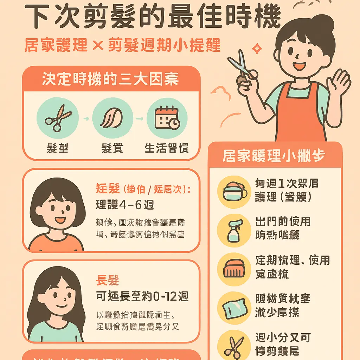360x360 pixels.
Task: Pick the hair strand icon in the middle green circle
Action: pyautogui.click(x=112, y=118)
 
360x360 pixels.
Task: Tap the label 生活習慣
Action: pyautogui.click(x=167, y=148)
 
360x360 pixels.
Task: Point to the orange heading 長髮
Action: pyautogui.click(x=108, y=281)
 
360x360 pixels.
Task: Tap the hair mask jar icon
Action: pyautogui.click(x=234, y=192)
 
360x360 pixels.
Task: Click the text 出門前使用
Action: pyautogui.click(x=283, y=222)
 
